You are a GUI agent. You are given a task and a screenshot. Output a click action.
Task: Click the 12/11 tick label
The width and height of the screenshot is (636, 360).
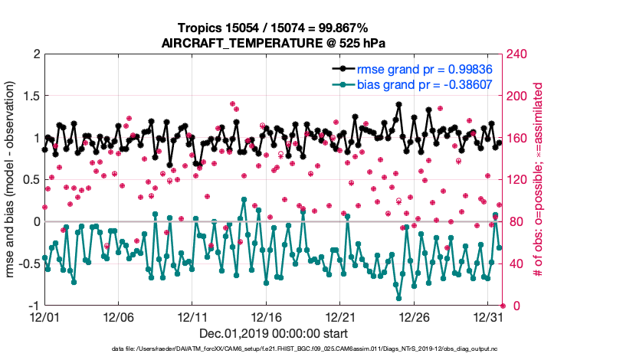click(192, 316)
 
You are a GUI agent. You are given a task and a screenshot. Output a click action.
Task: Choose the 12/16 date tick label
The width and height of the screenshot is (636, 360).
click(266, 316)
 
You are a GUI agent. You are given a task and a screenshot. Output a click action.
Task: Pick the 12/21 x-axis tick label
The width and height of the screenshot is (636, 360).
click(340, 316)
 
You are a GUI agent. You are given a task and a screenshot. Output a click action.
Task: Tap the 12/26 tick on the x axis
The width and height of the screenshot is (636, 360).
click(415, 316)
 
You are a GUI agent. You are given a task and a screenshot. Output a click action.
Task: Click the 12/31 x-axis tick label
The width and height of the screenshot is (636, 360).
click(488, 316)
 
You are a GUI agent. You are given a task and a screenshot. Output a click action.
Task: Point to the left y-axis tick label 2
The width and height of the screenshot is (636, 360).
click(36, 54)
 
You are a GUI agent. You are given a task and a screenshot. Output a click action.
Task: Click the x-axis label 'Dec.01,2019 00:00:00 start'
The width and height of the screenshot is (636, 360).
click(273, 333)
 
